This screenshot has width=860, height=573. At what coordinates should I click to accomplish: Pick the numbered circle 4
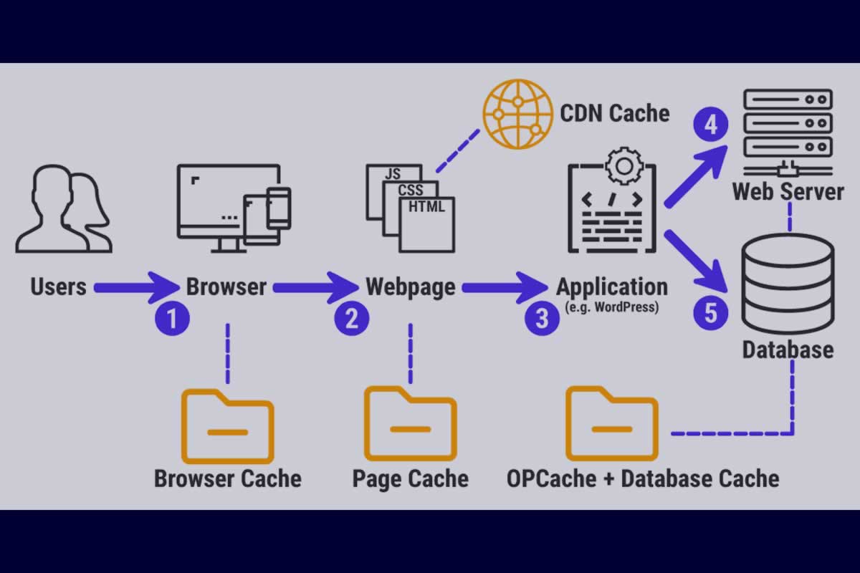pos(710,126)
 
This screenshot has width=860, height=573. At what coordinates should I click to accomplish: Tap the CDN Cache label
pos(614,113)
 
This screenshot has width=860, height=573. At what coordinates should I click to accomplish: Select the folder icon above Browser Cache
pos(227,426)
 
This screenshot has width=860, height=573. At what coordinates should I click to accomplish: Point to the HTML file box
pos(427,222)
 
